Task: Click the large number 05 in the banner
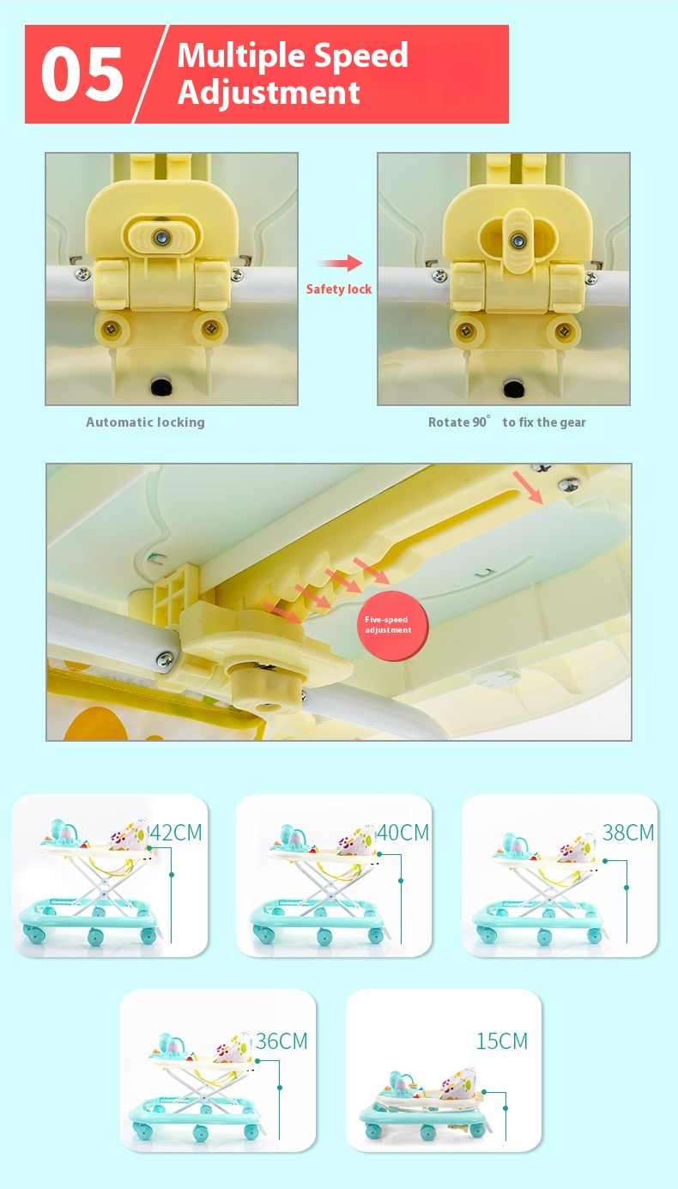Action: point(82,74)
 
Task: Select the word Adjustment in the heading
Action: point(269,93)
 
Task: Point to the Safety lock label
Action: point(338,289)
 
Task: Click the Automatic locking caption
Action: point(145,422)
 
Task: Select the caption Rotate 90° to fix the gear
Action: point(507,422)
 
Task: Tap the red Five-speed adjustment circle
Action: point(392,627)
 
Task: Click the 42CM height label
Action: point(177,833)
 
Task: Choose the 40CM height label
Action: point(403,833)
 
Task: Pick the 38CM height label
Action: point(628,833)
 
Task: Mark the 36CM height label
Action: point(281,1041)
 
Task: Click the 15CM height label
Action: point(502,1041)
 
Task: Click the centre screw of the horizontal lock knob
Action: point(162,238)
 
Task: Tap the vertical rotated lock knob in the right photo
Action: point(518,240)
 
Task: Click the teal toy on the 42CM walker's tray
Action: point(63,833)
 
